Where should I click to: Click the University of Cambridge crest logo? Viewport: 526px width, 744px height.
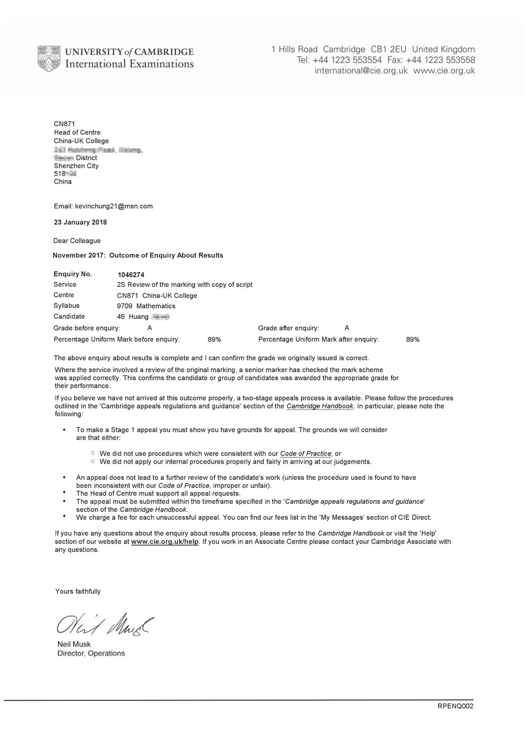[48, 58]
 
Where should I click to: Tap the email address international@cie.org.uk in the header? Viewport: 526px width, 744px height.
[361, 71]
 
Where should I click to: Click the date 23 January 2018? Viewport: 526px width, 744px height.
[80, 222]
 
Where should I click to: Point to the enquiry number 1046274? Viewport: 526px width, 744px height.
[130, 274]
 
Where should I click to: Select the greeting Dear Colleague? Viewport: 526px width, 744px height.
[77, 241]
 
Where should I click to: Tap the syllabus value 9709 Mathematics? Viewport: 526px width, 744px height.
[146, 306]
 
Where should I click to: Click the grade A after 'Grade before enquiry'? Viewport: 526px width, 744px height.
[150, 328]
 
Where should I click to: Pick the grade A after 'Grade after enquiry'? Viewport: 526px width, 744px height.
[347, 328]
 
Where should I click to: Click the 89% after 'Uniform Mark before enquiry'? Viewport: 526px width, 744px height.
[215, 339]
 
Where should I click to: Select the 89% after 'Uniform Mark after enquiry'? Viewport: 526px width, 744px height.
[413, 339]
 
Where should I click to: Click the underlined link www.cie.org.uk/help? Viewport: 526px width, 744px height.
[165, 541]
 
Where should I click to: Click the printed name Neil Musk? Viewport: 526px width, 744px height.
[74, 644]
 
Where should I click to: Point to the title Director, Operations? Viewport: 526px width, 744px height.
[91, 653]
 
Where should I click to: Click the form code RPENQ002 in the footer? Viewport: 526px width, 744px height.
[456, 706]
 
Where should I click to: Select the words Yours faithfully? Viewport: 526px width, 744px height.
[78, 591]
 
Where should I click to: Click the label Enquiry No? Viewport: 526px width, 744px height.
[73, 274]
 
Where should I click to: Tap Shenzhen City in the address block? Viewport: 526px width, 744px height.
[76, 166]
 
